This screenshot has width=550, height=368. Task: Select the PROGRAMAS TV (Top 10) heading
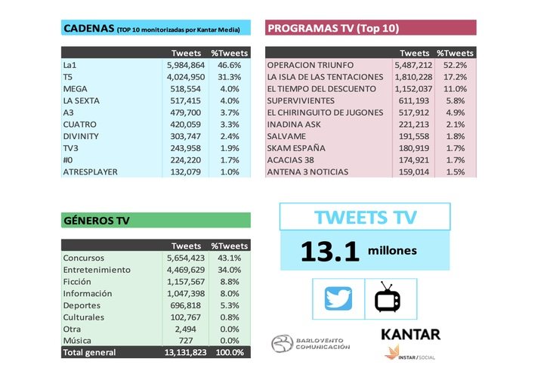point(333,29)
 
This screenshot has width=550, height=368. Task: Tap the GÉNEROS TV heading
point(96,221)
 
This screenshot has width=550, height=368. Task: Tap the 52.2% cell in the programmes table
point(459,65)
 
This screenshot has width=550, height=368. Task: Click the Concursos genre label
point(85,257)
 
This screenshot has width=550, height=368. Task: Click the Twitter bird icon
point(338,299)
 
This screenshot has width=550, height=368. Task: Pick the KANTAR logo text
point(410,335)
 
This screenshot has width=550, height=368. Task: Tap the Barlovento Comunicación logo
point(311,343)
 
